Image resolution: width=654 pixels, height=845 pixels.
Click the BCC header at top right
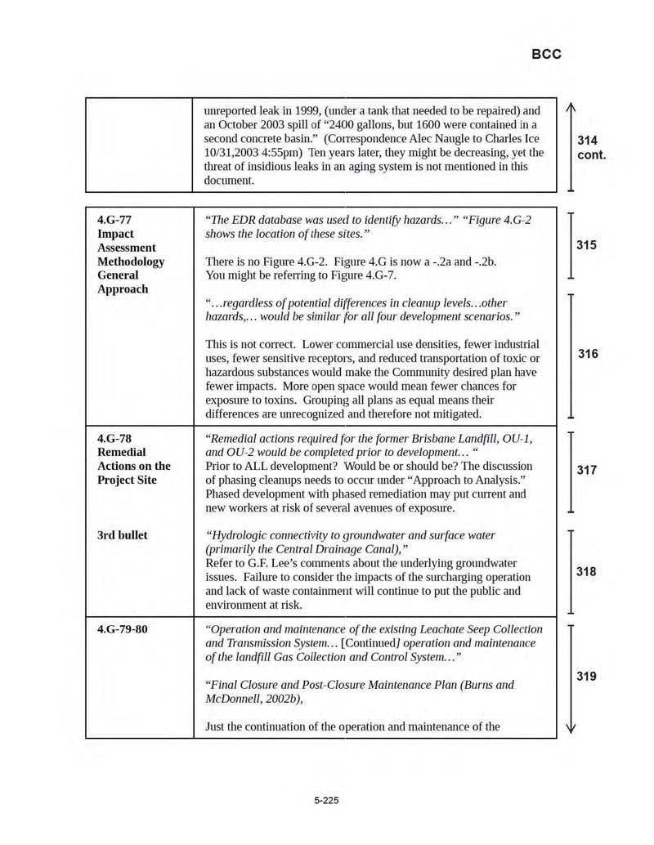[x=546, y=55]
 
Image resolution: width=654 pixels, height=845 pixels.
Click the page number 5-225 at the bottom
[x=326, y=800]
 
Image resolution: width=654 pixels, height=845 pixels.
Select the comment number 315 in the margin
[x=586, y=245]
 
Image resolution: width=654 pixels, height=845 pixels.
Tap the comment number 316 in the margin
[x=588, y=354]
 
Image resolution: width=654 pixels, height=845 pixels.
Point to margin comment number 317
[x=587, y=471]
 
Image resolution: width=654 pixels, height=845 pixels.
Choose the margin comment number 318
[x=586, y=572]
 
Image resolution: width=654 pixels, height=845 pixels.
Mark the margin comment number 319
[x=587, y=677]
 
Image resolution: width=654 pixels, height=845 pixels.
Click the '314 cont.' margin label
[x=591, y=147]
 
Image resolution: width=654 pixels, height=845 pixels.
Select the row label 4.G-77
[x=114, y=220]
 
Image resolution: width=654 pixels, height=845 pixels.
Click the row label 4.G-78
[x=114, y=438]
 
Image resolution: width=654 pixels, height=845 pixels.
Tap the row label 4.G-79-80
[x=123, y=629]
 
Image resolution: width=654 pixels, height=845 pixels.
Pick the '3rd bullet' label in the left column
[x=123, y=535]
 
